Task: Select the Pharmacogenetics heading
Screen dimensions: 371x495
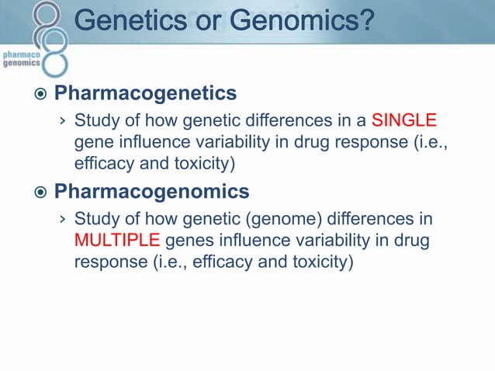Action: (145, 94)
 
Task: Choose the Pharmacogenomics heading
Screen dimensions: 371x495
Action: (151, 191)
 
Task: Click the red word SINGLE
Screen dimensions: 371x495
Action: (404, 122)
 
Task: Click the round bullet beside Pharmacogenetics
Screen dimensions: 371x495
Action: (40, 95)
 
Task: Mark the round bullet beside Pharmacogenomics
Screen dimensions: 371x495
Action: (40, 192)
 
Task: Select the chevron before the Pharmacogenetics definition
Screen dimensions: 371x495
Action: (63, 123)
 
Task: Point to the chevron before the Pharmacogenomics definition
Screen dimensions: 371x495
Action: (63, 220)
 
